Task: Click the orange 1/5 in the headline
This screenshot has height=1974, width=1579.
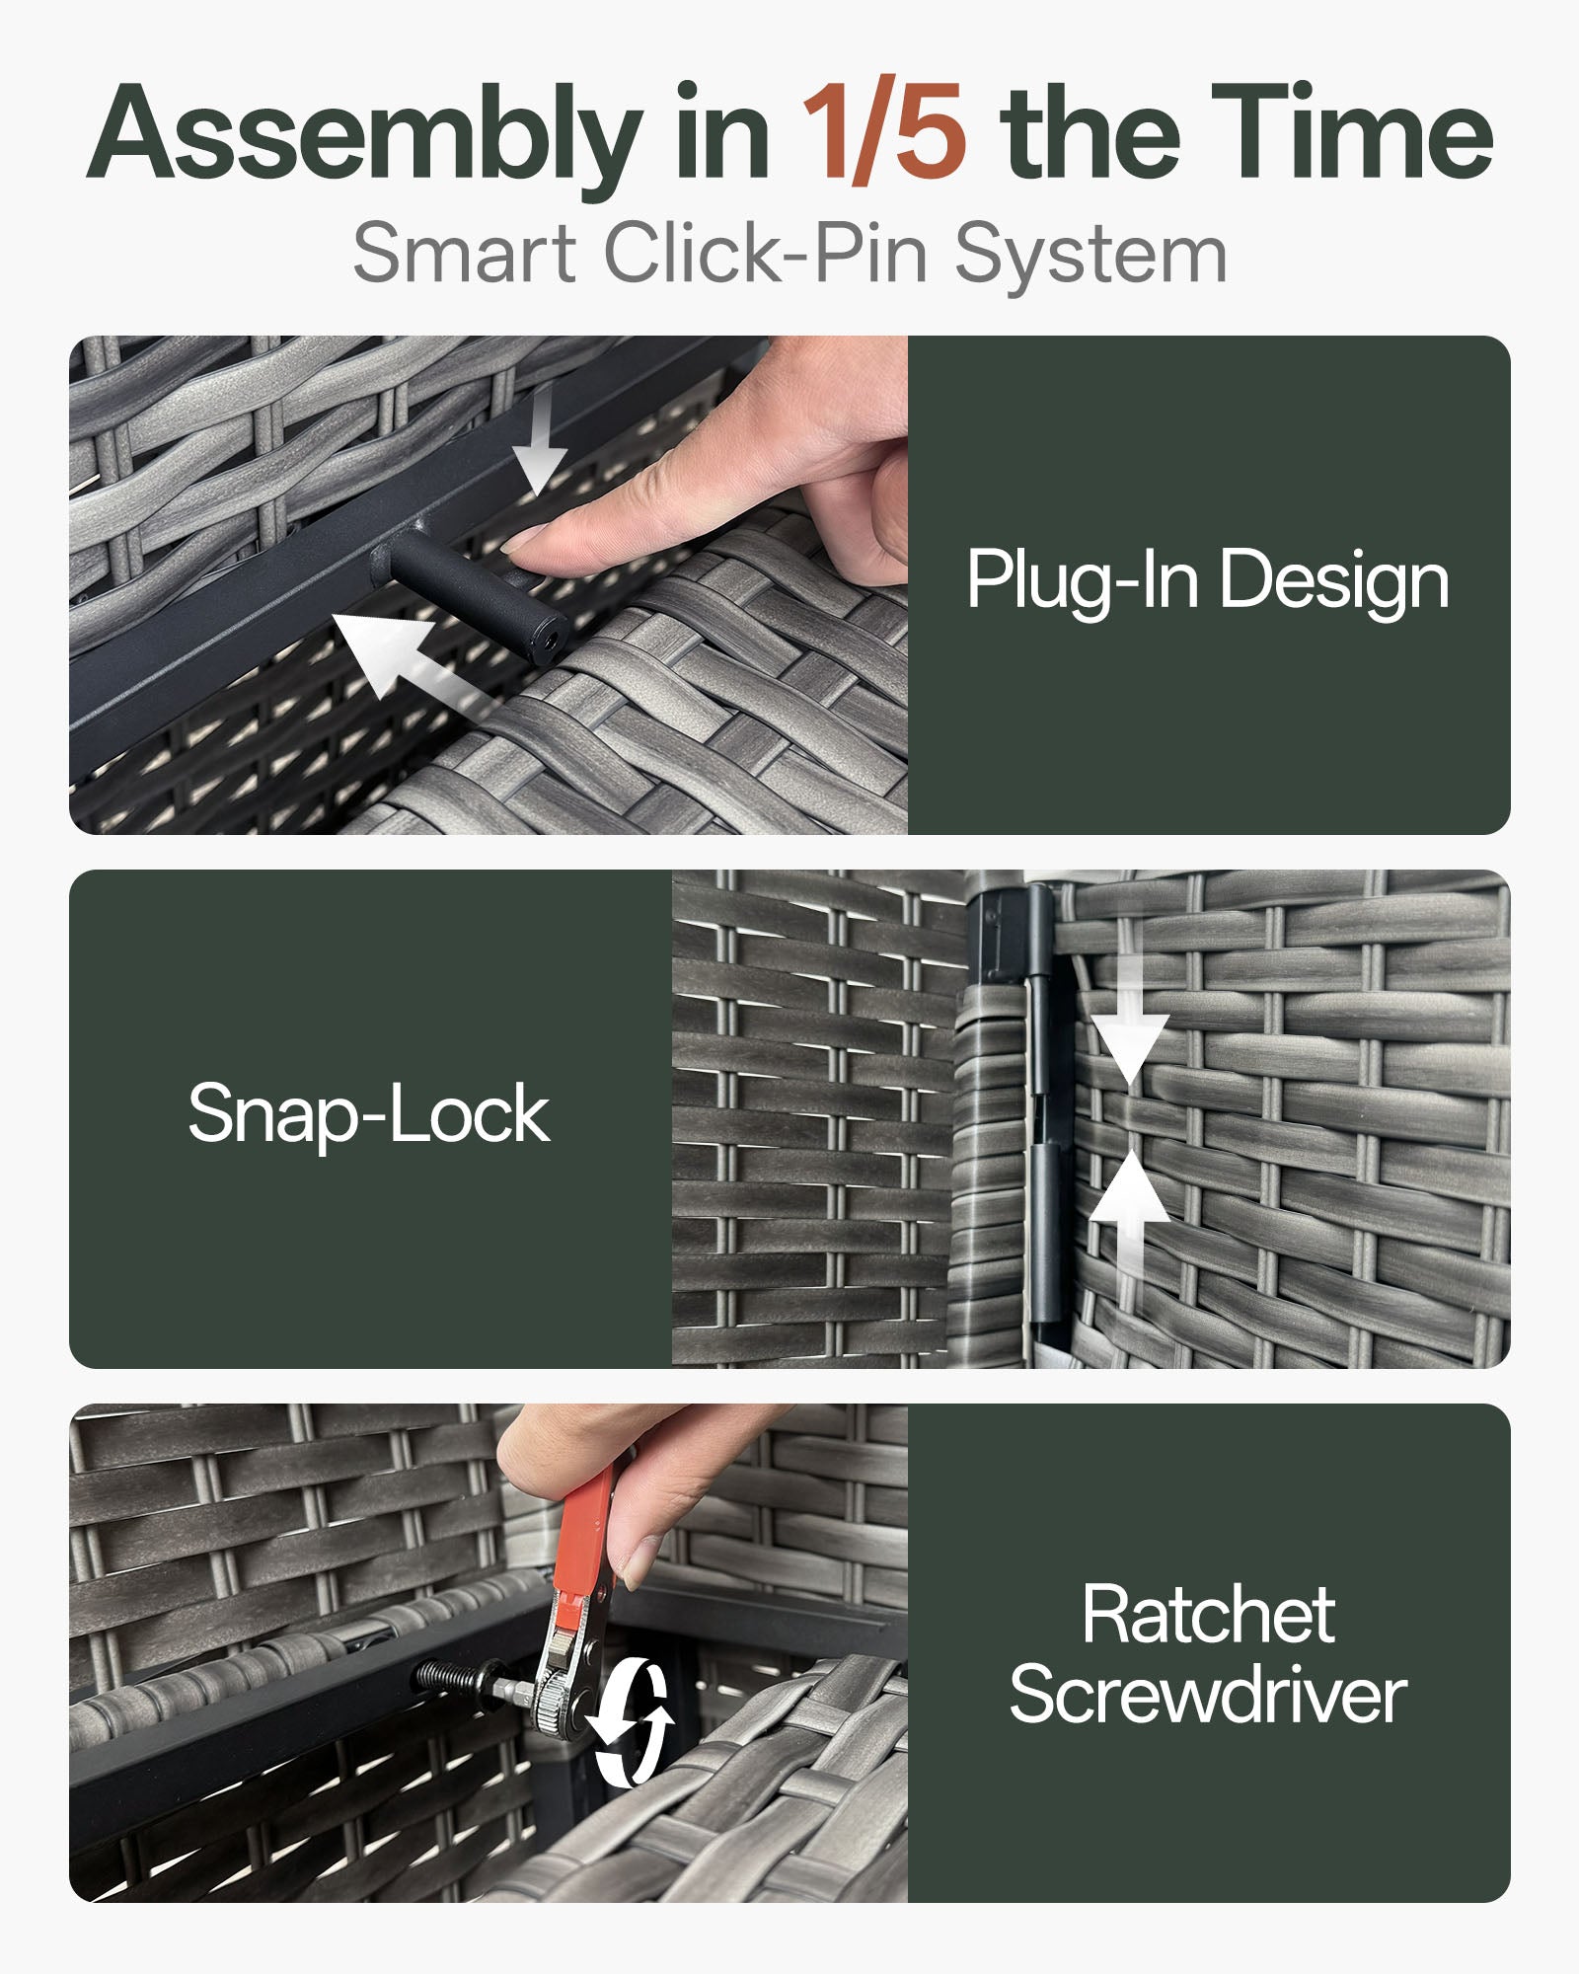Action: (883, 132)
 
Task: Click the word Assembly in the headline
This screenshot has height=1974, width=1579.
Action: (365, 138)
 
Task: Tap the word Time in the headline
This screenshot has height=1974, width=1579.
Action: (1352, 132)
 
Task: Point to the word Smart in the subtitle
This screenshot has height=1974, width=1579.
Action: (465, 254)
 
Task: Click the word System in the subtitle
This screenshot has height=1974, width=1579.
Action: (1090, 256)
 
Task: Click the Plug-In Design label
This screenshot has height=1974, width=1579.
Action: (1208, 582)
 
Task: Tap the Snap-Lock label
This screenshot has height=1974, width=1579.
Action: (369, 1116)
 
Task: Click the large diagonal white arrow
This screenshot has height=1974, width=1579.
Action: (405, 656)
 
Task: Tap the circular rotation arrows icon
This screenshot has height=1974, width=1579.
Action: (632, 1722)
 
